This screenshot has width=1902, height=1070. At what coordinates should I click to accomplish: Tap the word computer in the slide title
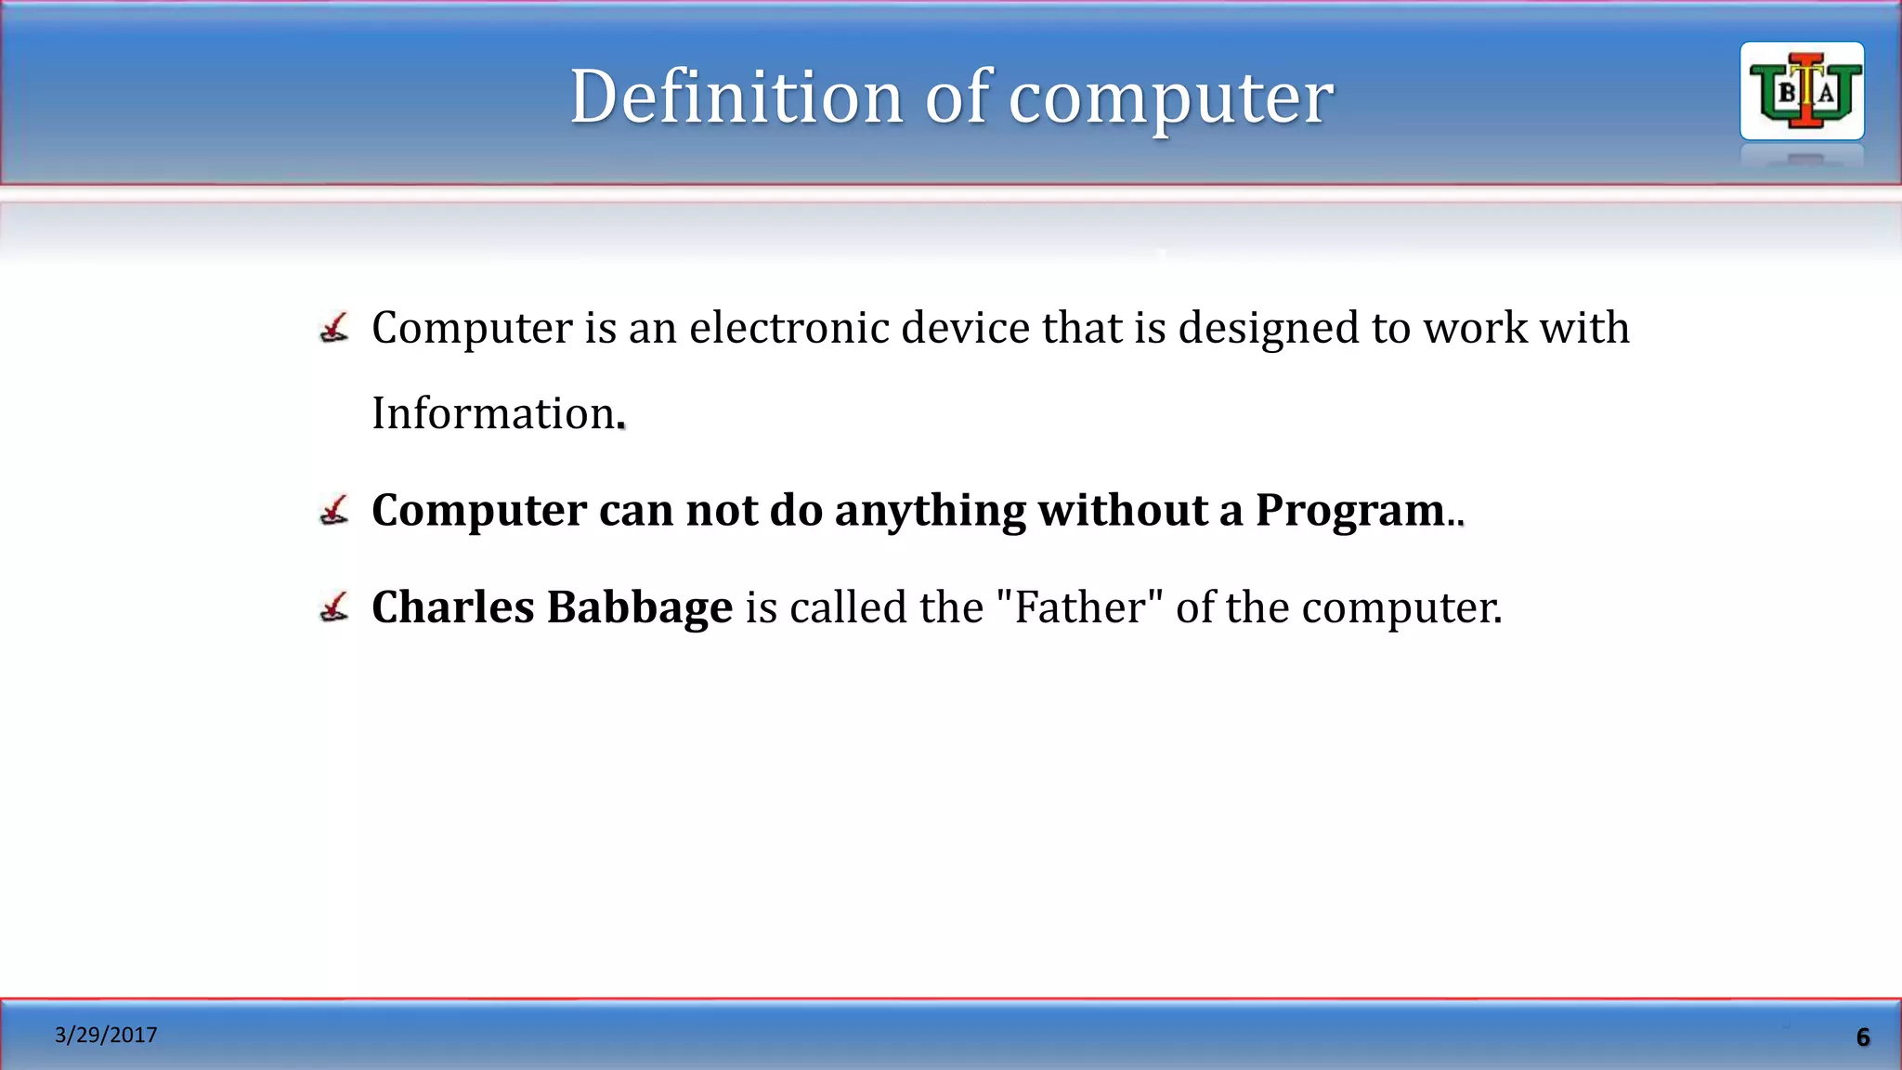pos(1171,98)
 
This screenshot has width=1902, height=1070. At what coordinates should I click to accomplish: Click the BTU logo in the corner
pos(1802,91)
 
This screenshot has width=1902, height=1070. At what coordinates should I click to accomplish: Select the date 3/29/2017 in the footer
pos(106,1035)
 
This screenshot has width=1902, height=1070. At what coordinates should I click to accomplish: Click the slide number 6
pos(1862,1037)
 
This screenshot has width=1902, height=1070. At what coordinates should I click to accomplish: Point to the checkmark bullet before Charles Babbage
pos(334,607)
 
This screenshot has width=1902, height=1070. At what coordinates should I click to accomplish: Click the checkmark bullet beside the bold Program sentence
pos(334,510)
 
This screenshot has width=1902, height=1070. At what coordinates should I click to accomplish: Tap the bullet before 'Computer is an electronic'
pos(334,328)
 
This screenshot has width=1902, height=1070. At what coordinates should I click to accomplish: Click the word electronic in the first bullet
pos(788,328)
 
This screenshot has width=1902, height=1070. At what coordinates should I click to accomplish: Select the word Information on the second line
pos(493,413)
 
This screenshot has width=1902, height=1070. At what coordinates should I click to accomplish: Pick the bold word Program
pos(1350,511)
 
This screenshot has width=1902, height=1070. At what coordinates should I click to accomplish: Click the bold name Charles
pos(452,607)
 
